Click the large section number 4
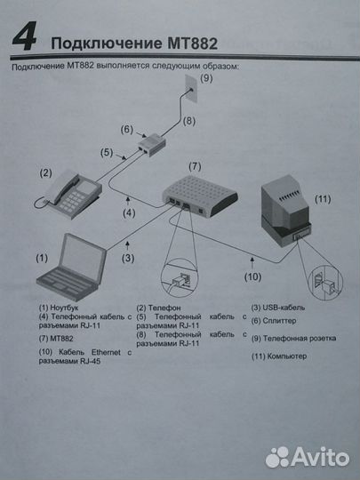[x=25, y=39]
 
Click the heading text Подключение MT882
[x=133, y=44]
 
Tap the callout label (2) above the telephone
[x=45, y=172]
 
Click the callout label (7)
[x=196, y=166]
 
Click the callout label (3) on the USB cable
[x=128, y=259]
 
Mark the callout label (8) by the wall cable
[x=188, y=120]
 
